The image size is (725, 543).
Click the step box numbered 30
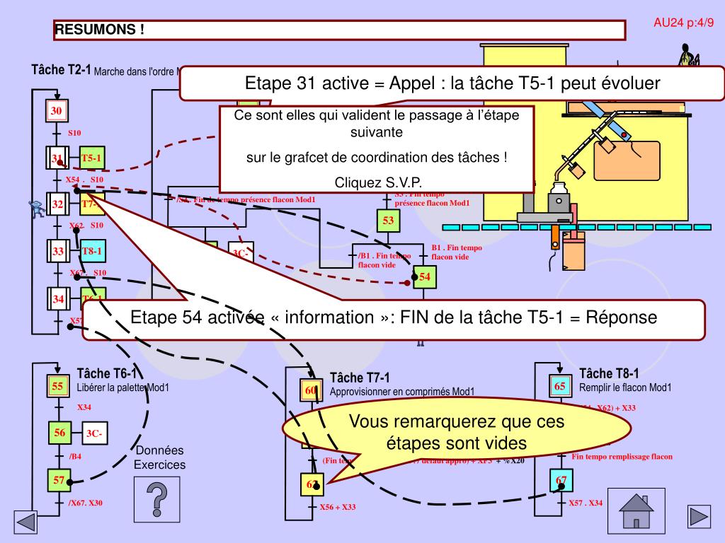coord(56,111)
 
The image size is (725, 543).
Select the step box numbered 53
coord(389,221)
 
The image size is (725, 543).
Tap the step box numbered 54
coord(425,276)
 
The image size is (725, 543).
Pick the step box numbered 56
coord(59,433)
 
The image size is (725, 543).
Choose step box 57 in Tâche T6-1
coord(59,480)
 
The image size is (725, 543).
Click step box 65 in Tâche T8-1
coord(560,386)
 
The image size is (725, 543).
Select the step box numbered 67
coord(561,480)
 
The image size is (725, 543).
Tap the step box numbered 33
coord(58,251)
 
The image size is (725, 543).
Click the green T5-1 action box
coord(92,158)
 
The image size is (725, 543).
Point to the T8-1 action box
coord(92,251)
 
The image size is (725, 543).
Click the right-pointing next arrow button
coord(699,515)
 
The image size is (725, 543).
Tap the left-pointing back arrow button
coord(25,522)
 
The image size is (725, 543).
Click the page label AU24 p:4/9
coord(683,22)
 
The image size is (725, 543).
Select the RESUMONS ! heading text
coord(101,30)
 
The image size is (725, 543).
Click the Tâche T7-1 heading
coord(360,378)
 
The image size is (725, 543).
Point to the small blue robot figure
coord(35,206)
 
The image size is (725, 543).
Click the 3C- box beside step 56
coord(95,433)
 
